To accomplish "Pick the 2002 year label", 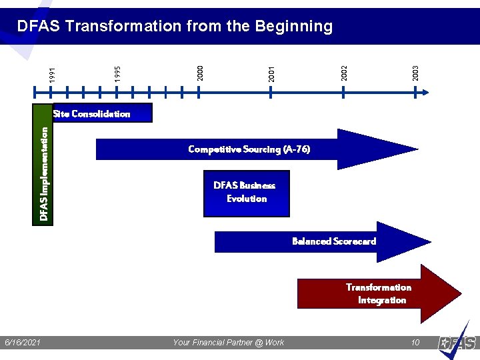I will point(344,72).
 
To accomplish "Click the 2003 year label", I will point(416,73).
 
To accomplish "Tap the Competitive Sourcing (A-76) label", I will point(249,149).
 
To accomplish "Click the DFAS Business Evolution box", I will point(246,193).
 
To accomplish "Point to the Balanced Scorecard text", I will point(334,241).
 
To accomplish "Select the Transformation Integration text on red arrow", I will point(379,294).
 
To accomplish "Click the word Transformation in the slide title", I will point(123,26).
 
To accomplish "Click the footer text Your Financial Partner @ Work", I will point(228,343).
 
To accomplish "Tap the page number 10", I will point(415,343).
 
